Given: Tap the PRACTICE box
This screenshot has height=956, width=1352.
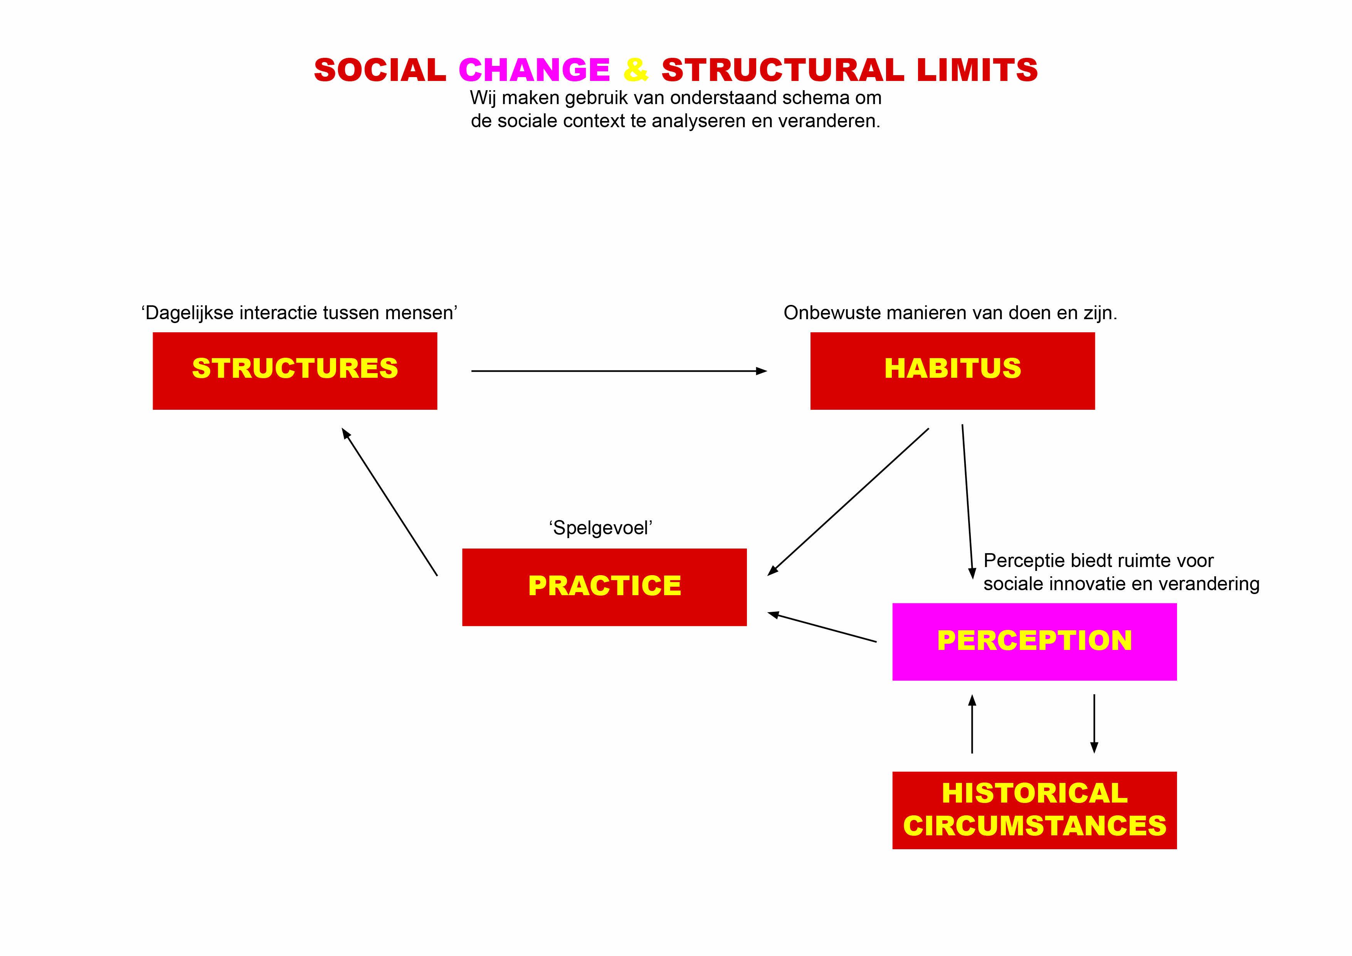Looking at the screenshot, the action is click(x=604, y=587).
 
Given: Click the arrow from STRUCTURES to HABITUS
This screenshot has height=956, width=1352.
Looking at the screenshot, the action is click(x=619, y=371).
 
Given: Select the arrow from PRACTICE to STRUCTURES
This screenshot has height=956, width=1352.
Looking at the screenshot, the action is click(x=389, y=502).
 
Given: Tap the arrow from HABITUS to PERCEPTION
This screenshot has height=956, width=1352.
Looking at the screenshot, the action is click(x=967, y=502).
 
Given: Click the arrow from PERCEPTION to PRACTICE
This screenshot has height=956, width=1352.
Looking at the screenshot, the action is click(x=822, y=627).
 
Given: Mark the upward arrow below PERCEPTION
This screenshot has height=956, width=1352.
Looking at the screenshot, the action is click(x=972, y=724).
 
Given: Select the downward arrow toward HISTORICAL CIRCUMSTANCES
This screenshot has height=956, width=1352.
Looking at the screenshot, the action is click(x=1094, y=724).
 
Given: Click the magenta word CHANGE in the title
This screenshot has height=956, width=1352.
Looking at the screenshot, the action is click(x=534, y=70).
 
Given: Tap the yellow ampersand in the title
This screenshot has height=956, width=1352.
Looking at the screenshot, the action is click(x=636, y=70).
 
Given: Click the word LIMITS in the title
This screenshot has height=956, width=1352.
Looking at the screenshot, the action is click(x=977, y=70).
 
